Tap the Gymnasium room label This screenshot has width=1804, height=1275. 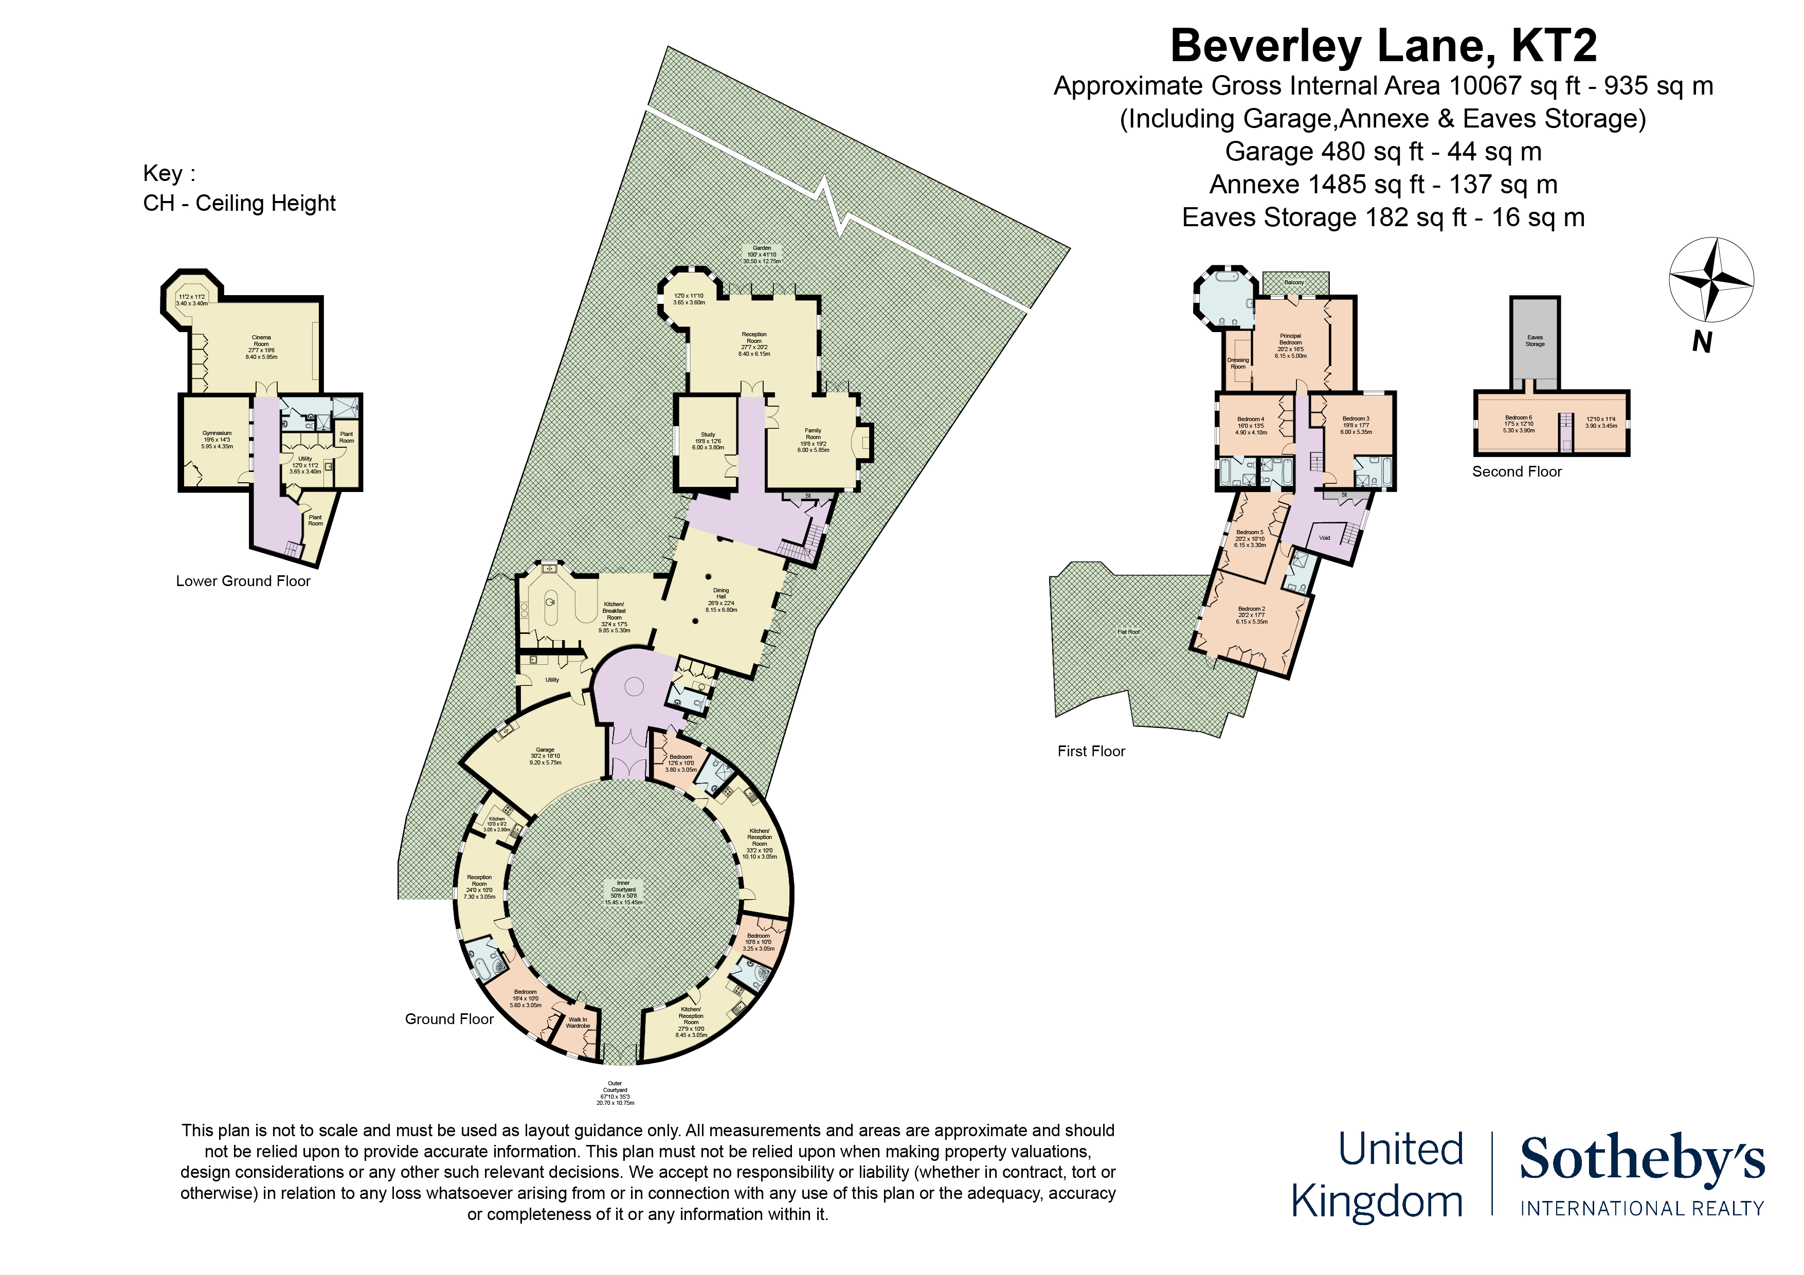217,439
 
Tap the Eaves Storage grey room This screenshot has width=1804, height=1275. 1535,341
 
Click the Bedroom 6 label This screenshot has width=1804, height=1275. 1518,424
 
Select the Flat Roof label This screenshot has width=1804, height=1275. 1128,632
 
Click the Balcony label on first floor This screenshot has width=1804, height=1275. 1293,282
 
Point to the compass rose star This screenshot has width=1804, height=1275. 1710,279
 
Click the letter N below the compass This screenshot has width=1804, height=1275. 1702,342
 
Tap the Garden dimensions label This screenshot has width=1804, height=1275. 762,254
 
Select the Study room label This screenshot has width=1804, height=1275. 707,440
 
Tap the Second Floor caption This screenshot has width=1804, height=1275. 1517,471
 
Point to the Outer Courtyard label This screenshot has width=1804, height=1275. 615,1092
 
